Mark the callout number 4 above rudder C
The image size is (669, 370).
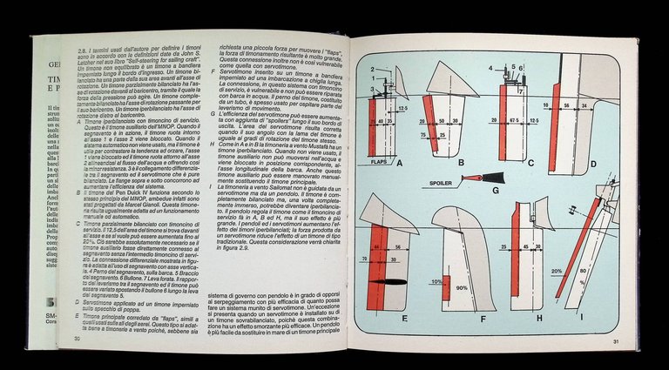point(490,67)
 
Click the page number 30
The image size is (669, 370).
point(77,339)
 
